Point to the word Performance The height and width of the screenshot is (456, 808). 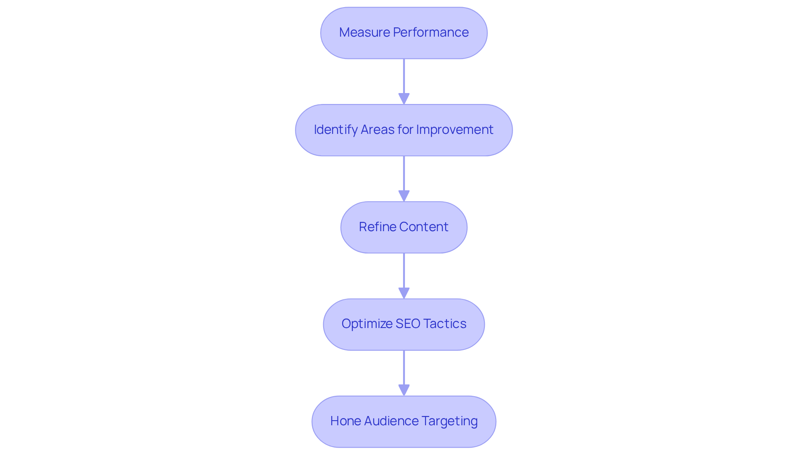tap(431, 32)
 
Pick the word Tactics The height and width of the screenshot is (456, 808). tap(445, 324)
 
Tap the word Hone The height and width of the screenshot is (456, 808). tap(345, 421)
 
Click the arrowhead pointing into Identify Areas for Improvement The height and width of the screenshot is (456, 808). tap(404, 99)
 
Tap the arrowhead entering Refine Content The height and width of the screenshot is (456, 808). tap(404, 196)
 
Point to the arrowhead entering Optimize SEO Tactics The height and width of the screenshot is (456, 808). tap(404, 293)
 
